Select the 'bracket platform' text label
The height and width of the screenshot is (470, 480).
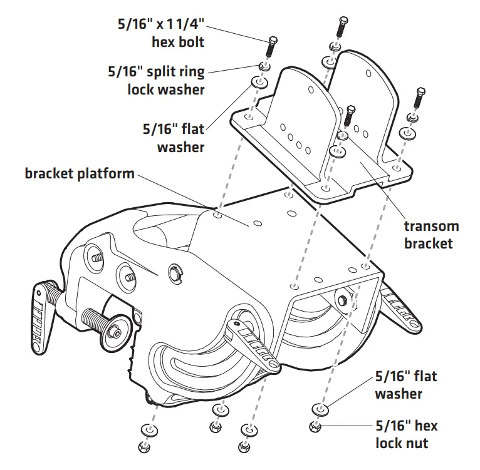click(x=80, y=173)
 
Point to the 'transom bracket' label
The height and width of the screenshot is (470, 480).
click(x=430, y=235)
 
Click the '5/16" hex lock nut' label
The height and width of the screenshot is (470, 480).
click(x=406, y=434)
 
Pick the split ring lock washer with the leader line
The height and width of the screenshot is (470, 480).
click(x=264, y=66)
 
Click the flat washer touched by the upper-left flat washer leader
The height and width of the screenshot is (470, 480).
click(x=257, y=82)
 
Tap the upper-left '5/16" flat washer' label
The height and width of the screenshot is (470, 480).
click(x=173, y=138)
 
